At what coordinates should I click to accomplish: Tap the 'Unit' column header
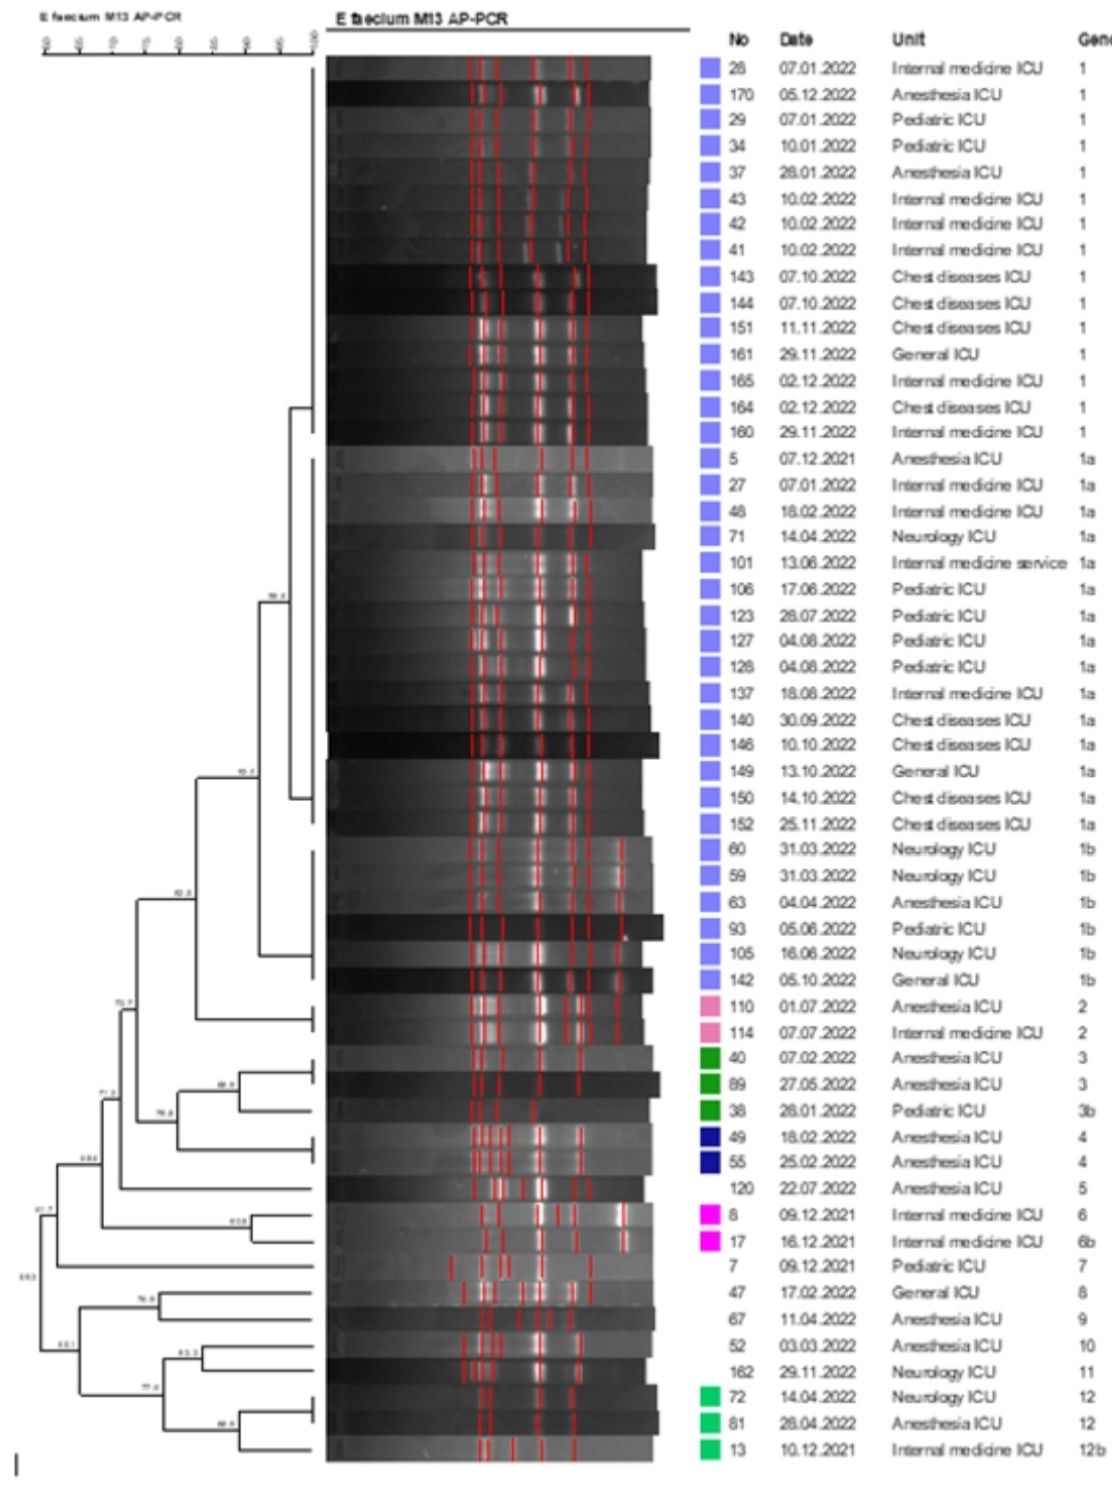(x=908, y=40)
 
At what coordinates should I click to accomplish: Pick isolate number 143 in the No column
(x=741, y=277)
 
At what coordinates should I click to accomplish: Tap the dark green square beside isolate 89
(x=710, y=1084)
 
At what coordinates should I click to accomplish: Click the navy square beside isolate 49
(x=710, y=1137)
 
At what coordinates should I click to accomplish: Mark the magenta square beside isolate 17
(x=710, y=1241)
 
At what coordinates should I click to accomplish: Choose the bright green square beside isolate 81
(x=710, y=1423)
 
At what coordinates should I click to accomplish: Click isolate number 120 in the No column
(x=741, y=1188)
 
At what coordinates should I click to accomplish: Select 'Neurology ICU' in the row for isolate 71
(x=943, y=536)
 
